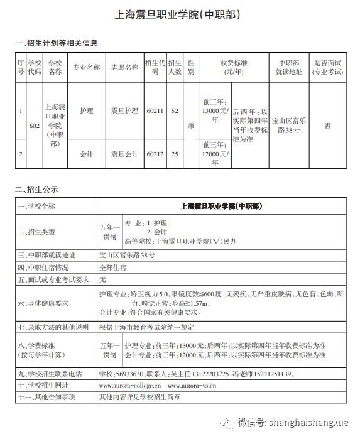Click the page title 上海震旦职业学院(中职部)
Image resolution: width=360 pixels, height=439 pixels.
(180, 14)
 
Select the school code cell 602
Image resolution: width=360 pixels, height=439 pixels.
(35, 126)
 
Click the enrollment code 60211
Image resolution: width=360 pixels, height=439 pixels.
(155, 111)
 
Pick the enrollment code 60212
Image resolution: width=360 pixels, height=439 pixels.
(155, 153)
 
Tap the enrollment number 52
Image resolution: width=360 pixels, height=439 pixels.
(175, 111)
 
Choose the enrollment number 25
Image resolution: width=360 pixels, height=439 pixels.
(175, 153)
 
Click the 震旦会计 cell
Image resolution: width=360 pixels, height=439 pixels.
(124, 153)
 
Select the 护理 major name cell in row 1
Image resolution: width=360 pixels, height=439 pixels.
(87, 111)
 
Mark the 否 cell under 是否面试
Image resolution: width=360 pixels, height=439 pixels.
(327, 126)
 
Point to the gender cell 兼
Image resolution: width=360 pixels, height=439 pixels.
(191, 126)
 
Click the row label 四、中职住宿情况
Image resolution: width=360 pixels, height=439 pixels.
(45, 267)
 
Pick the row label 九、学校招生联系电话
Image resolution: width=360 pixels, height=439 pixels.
(50, 374)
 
